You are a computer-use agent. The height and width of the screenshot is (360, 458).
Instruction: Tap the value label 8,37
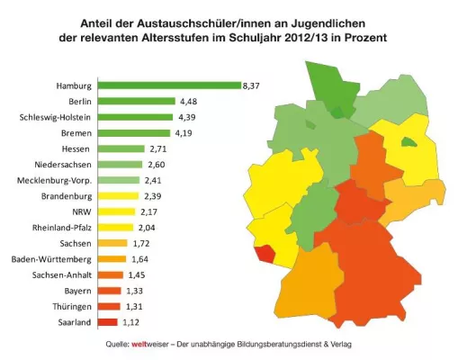click(252, 85)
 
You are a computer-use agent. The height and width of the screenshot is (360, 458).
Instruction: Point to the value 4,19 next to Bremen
click(184, 132)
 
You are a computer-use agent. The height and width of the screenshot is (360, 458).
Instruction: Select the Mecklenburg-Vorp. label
click(54, 180)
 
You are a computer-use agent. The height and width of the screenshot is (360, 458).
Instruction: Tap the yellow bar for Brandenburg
click(117, 196)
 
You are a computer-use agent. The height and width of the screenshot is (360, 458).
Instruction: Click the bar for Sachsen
click(112, 243)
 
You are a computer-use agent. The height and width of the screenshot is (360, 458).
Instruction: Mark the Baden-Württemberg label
click(49, 259)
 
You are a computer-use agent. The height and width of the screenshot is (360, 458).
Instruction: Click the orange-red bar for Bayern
click(108, 291)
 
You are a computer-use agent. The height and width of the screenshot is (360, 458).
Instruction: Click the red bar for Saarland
click(106, 322)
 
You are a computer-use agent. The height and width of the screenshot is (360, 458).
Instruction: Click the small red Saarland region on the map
click(264, 254)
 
